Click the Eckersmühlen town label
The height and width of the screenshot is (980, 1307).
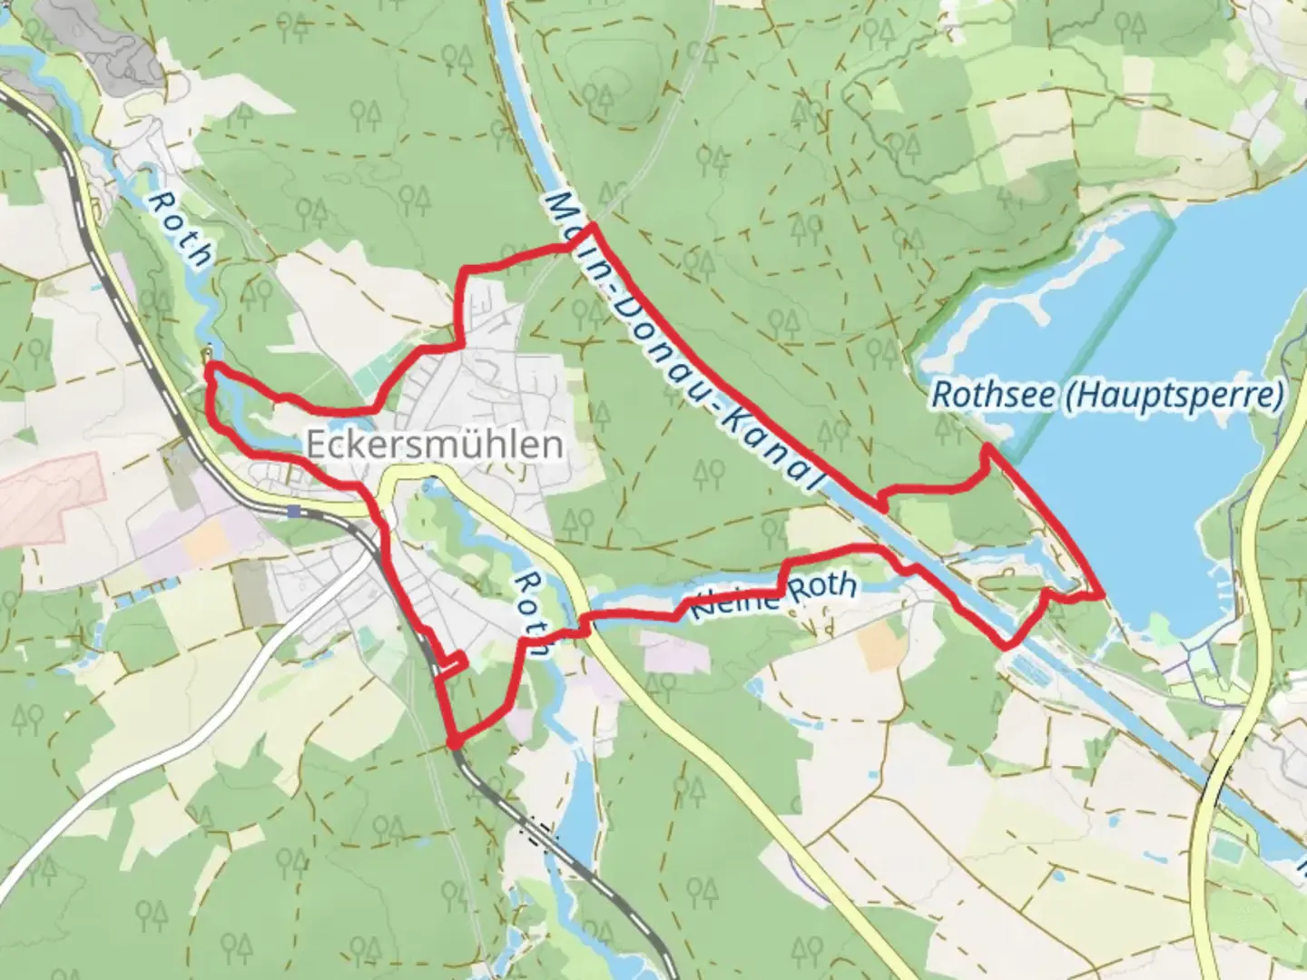[434, 445]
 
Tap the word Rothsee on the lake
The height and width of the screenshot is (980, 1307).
[989, 396]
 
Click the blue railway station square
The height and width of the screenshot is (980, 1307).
[292, 511]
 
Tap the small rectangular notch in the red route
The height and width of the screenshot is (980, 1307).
[451, 664]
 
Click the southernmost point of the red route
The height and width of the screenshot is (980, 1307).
[454, 744]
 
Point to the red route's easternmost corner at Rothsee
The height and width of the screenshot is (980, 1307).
[1102, 594]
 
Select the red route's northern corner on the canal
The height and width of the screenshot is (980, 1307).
[591, 225]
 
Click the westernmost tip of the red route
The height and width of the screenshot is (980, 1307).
[209, 366]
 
